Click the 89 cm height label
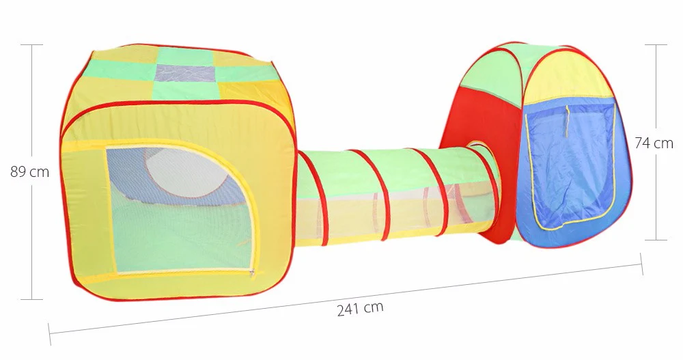[29, 171]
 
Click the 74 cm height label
[654, 143]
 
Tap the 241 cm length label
[360, 308]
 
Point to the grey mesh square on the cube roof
[186, 73]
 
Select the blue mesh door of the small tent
[570, 165]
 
